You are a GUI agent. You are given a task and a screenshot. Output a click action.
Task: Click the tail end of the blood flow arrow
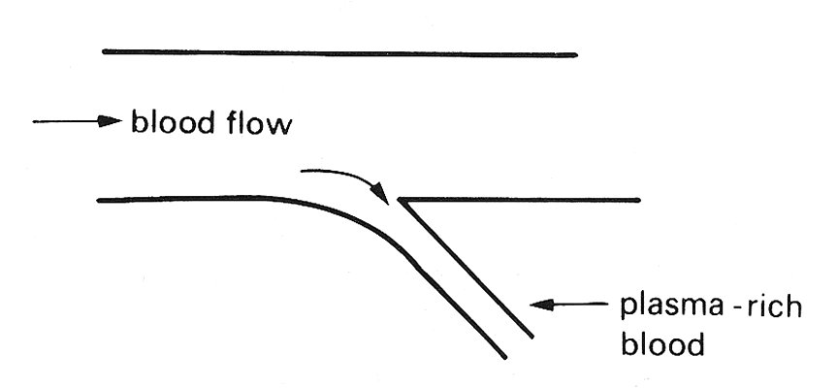[35, 122]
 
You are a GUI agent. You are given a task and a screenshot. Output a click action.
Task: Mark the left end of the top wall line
[104, 51]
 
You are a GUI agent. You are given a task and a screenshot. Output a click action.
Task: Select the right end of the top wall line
[576, 54]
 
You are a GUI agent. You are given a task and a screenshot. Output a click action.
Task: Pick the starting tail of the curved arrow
[303, 172]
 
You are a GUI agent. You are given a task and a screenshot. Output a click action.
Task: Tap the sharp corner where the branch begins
[400, 200]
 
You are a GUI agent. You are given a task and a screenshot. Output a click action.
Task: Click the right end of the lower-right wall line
[639, 200]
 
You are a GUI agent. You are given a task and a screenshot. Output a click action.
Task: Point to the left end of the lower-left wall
[99, 200]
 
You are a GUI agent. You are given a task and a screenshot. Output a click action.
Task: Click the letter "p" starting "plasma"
[628, 311]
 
